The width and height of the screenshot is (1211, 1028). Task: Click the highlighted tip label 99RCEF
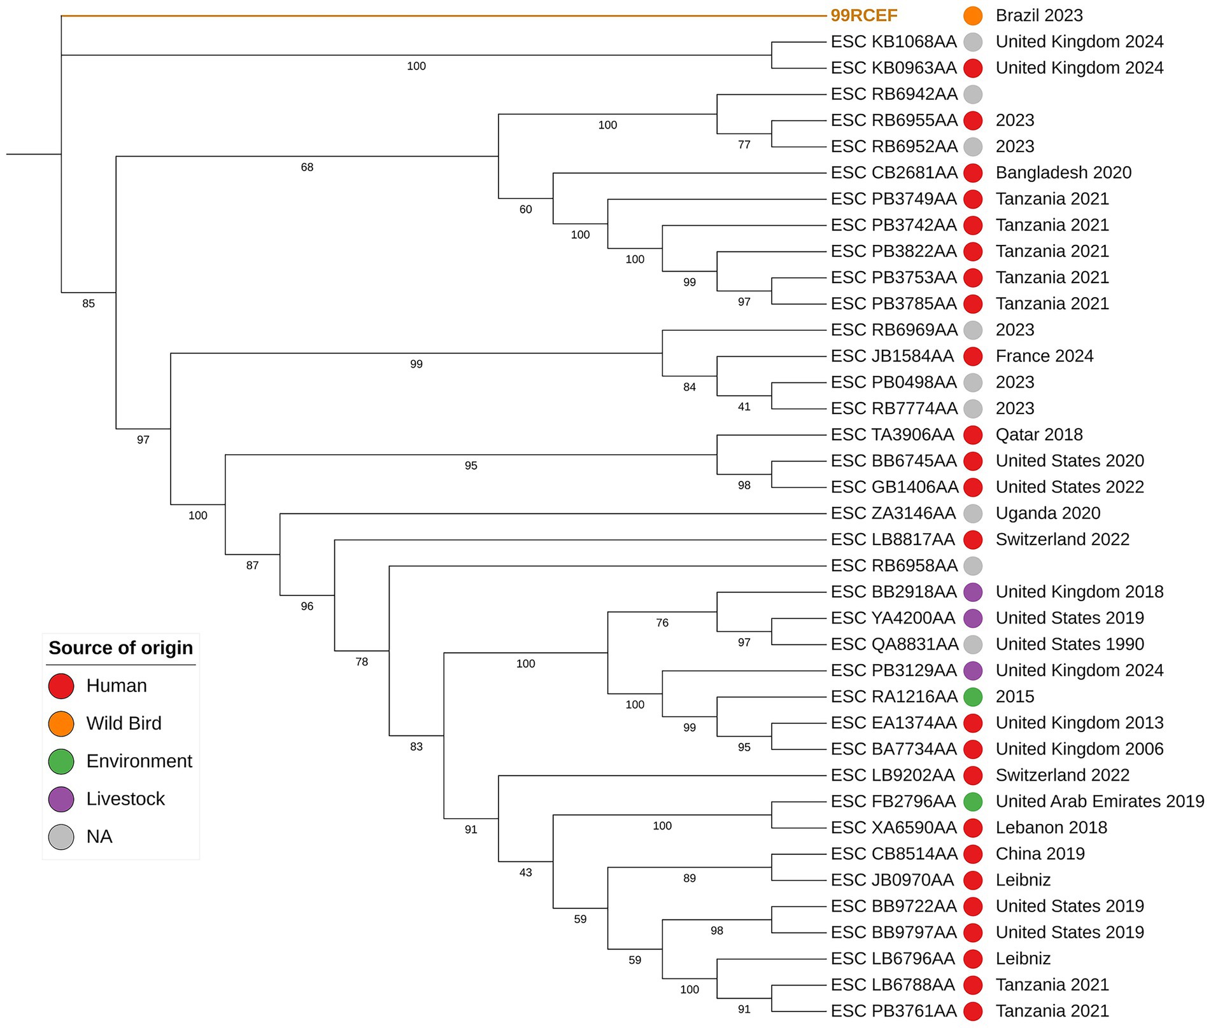[863, 15]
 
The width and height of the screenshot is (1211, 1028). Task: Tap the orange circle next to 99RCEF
[972, 15]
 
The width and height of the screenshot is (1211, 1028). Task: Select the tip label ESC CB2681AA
[893, 172]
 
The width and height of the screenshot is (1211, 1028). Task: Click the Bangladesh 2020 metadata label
[1063, 172]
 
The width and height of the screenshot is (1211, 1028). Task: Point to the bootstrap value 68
[307, 167]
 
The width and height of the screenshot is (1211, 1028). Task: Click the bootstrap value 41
[744, 406]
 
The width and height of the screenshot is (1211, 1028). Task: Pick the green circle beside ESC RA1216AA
[972, 697]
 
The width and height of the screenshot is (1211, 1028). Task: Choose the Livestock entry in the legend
[125, 798]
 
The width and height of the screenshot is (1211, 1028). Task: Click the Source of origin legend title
[120, 648]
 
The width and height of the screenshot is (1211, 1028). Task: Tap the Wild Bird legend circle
[61, 723]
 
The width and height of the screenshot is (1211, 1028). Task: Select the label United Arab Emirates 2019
[1100, 801]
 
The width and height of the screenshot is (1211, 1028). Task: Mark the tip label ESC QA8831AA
[894, 644]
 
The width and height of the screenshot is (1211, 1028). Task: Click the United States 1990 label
[1070, 644]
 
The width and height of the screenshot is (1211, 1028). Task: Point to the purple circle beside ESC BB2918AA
[972, 592]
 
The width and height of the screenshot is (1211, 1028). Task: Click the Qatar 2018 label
[1039, 434]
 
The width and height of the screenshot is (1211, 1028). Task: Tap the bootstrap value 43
[525, 872]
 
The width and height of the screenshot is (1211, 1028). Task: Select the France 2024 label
[1044, 356]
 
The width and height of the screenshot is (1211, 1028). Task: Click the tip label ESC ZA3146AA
[893, 513]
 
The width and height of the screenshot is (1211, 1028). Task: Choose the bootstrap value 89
[689, 878]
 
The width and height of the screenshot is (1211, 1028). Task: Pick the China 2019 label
[1040, 854]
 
